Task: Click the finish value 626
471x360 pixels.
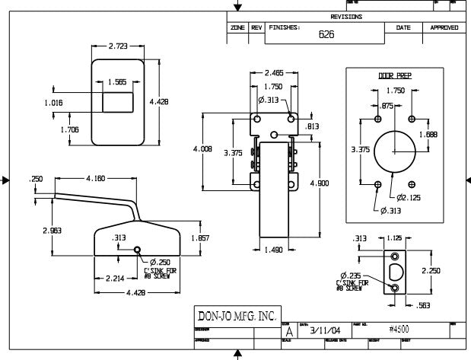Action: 326,34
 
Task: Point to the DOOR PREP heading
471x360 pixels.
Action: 394,75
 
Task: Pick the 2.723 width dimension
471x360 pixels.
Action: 118,46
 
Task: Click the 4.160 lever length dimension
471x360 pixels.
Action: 96,178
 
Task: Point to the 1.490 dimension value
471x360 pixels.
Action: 274,249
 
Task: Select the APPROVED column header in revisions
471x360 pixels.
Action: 444,27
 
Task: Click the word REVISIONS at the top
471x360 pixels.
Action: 346,16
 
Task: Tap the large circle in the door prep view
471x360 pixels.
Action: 394,151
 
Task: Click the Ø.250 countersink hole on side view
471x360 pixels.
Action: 137,250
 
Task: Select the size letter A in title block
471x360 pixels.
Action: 288,332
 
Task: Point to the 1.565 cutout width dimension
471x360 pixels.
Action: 117,81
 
